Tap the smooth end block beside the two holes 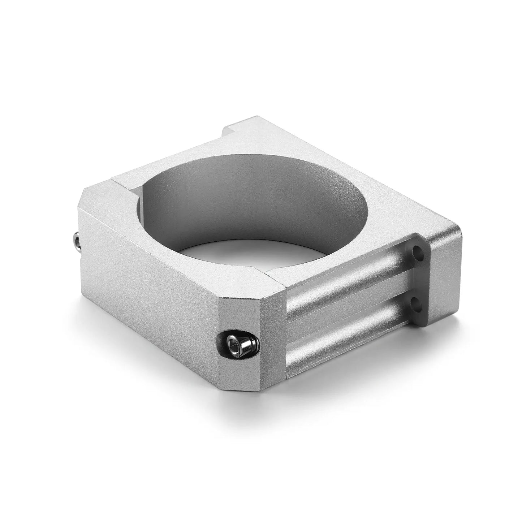(444, 275)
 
